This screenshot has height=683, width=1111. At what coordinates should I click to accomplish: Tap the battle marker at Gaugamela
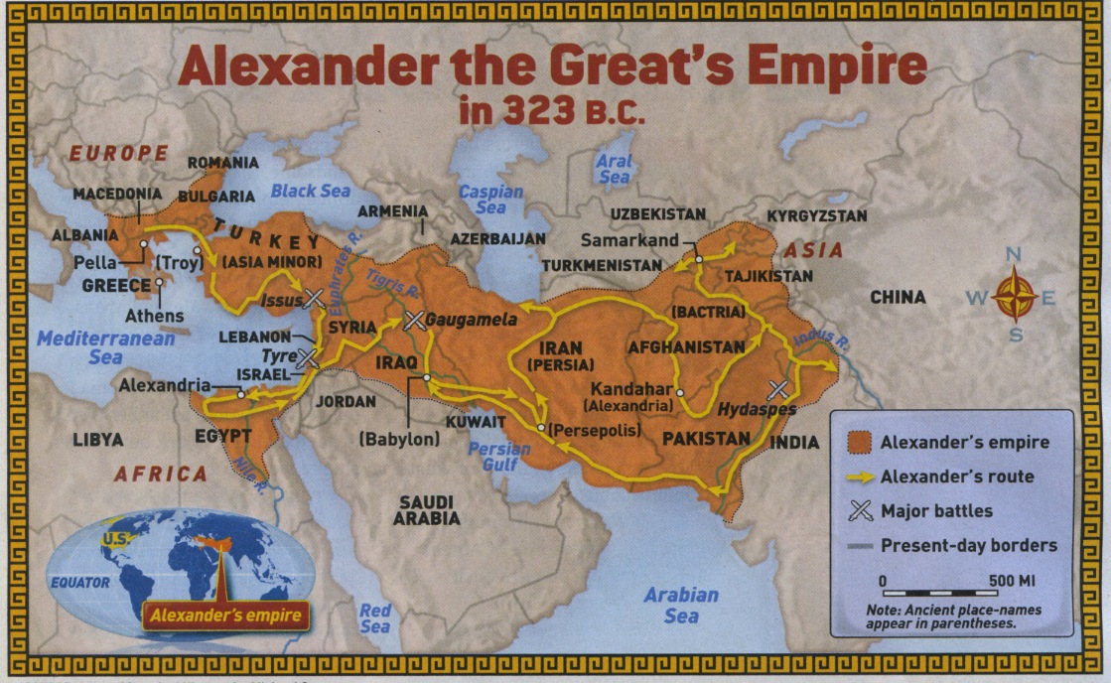pos(415,320)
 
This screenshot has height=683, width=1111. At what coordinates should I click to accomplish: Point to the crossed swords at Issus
pos(314,297)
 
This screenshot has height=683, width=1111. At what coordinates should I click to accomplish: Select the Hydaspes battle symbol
pos(778,389)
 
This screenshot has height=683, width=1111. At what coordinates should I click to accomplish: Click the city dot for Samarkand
pos(698,258)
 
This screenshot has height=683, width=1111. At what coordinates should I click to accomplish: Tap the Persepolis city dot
pos(540,428)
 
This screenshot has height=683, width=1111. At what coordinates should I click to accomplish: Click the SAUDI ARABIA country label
pos(426,509)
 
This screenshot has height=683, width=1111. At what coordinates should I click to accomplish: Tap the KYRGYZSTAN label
pos(817,215)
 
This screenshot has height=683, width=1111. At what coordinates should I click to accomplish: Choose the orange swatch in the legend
pos(857,441)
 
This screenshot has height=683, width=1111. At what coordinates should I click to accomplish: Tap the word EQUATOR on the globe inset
pos(80,583)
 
